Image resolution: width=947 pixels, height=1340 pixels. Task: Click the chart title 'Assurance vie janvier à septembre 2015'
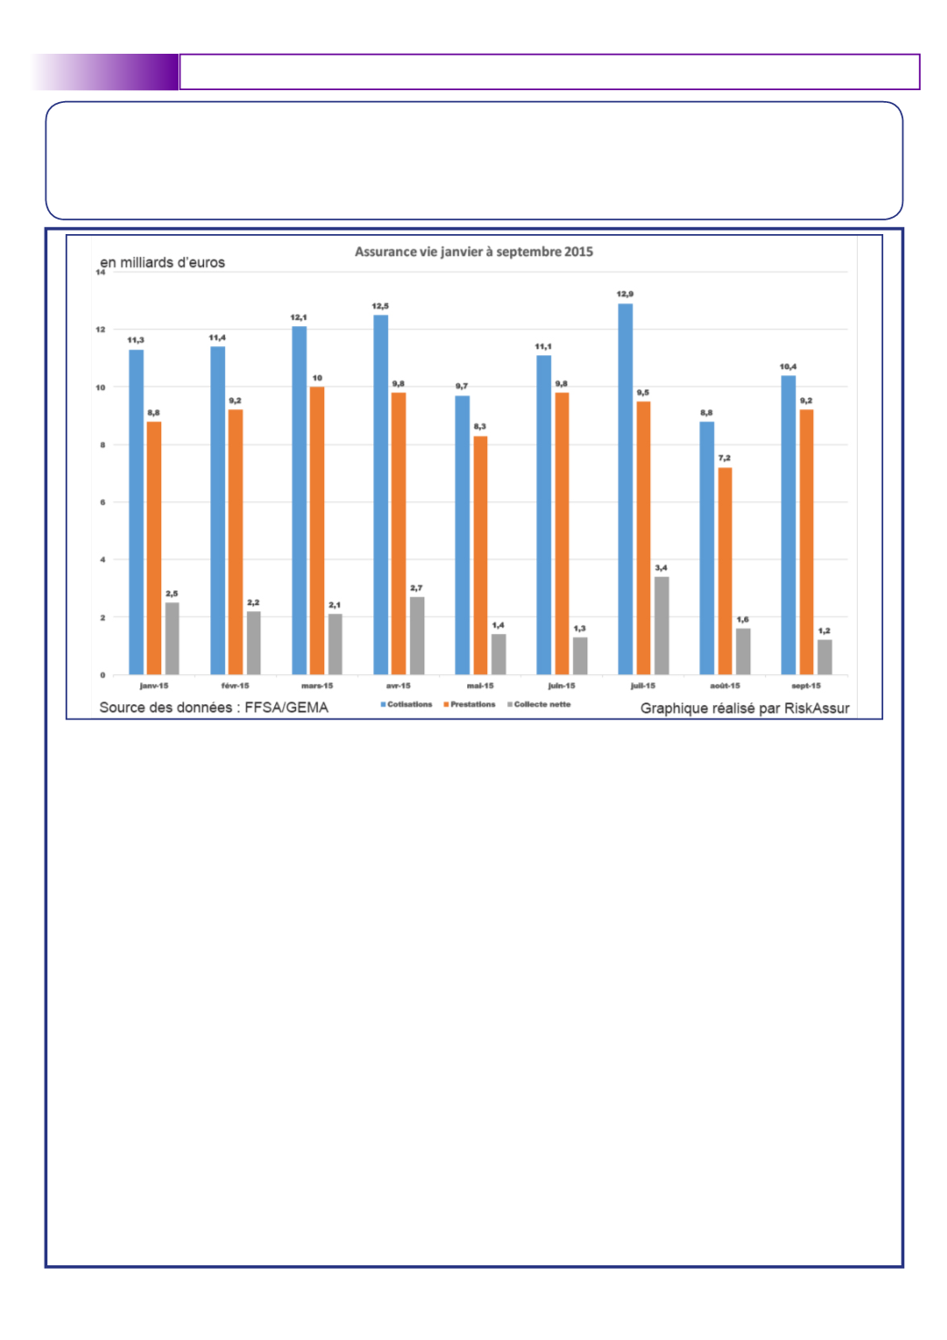pyautogui.click(x=473, y=251)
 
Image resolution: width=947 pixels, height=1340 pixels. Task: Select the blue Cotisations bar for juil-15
pyautogui.click(x=626, y=489)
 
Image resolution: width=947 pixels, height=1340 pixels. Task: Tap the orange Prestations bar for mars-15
pyautogui.click(x=317, y=530)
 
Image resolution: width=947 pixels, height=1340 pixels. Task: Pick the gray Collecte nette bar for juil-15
pyautogui.click(x=662, y=626)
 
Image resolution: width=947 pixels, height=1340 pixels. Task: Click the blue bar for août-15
pyautogui.click(x=707, y=548)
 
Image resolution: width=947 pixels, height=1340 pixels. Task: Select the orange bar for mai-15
pyautogui.click(x=480, y=555)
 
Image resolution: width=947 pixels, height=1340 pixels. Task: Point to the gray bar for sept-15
pyautogui.click(x=824, y=658)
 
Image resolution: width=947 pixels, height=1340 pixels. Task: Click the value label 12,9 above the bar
pyautogui.click(x=625, y=294)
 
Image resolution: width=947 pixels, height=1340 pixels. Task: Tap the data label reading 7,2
pyautogui.click(x=724, y=458)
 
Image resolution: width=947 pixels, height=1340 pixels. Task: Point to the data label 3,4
pyautogui.click(x=661, y=568)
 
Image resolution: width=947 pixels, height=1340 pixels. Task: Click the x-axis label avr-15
pyautogui.click(x=398, y=686)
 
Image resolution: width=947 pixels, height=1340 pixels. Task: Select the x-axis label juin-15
pyautogui.click(x=562, y=686)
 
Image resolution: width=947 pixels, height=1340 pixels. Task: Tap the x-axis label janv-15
pyautogui.click(x=154, y=686)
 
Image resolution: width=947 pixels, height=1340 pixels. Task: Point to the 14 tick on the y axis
pyautogui.click(x=100, y=272)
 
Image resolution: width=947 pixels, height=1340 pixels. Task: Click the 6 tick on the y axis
pyautogui.click(x=103, y=503)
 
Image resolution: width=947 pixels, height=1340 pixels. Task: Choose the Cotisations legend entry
pyautogui.click(x=406, y=704)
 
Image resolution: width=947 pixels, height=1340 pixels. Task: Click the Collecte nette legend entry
pyautogui.click(x=539, y=704)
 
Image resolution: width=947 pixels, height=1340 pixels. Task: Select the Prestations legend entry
pyautogui.click(x=469, y=704)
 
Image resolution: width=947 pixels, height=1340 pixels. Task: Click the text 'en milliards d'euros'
pyautogui.click(x=163, y=262)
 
